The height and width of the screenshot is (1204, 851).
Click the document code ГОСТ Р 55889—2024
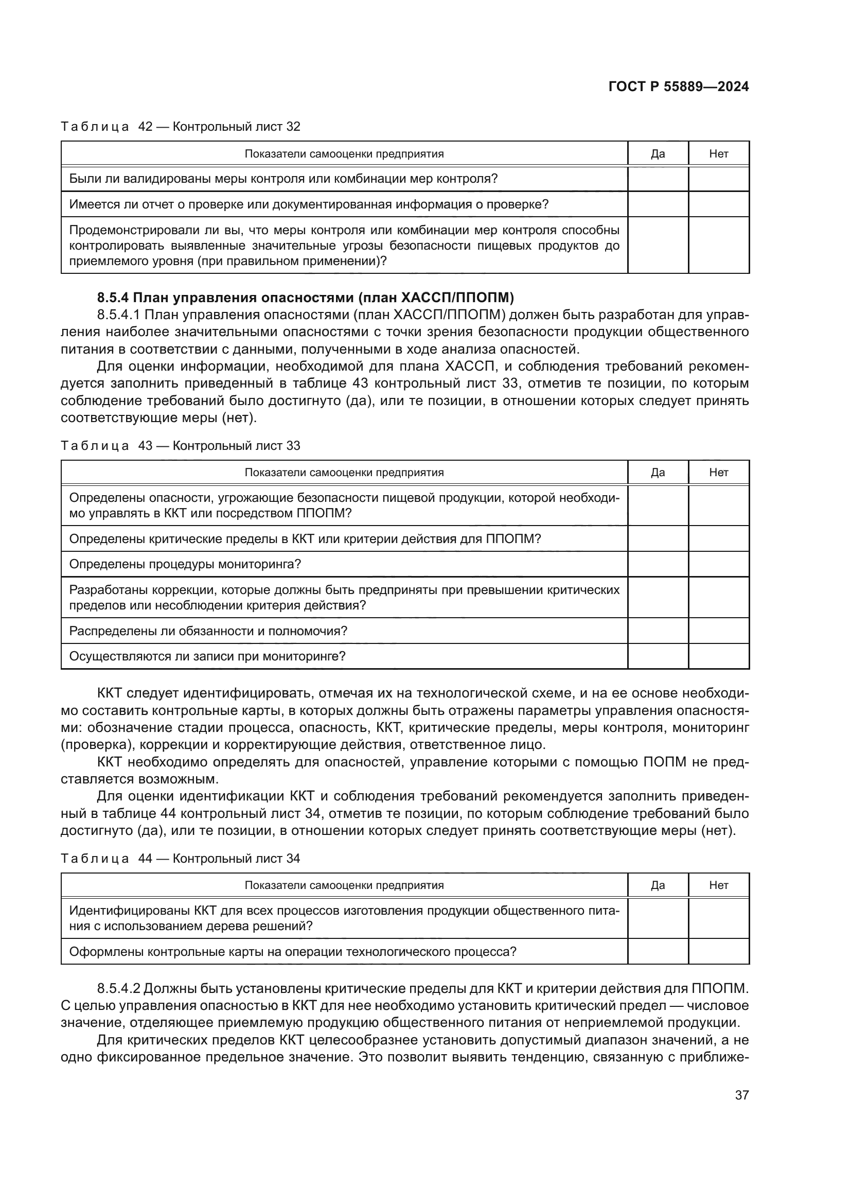(678, 87)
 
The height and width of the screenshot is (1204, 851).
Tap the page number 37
(741, 1095)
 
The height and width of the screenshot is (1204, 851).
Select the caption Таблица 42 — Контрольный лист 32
(180, 127)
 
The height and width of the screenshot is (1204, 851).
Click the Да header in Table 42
(658, 153)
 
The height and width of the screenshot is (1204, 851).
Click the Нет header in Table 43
(718, 473)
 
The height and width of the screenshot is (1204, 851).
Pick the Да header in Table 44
(658, 885)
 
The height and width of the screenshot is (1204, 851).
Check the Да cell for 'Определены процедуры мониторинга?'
(658, 564)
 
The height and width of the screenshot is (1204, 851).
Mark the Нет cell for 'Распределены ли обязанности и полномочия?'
(718, 631)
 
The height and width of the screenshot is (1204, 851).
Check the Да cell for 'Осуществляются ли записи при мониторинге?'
(658, 656)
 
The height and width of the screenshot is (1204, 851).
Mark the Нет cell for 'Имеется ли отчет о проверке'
(718, 204)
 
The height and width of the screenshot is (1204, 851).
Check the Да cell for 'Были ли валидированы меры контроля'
(658, 179)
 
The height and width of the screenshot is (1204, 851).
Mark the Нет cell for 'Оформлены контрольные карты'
(718, 951)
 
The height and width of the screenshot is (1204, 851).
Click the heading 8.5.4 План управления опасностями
(305, 298)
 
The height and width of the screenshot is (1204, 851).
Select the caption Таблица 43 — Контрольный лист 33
(180, 446)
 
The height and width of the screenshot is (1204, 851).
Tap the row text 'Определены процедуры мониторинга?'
(185, 564)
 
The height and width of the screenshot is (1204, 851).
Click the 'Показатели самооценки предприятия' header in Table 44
(344, 885)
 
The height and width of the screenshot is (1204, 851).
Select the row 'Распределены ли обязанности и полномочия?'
(208, 631)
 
